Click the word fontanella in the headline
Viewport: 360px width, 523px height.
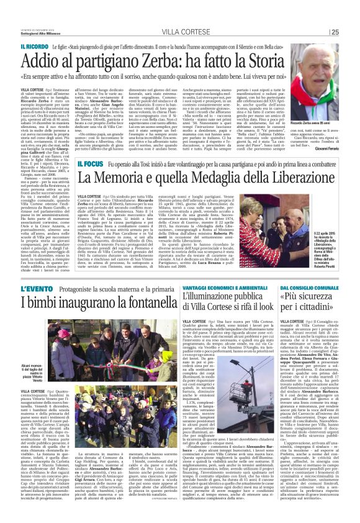142,304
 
